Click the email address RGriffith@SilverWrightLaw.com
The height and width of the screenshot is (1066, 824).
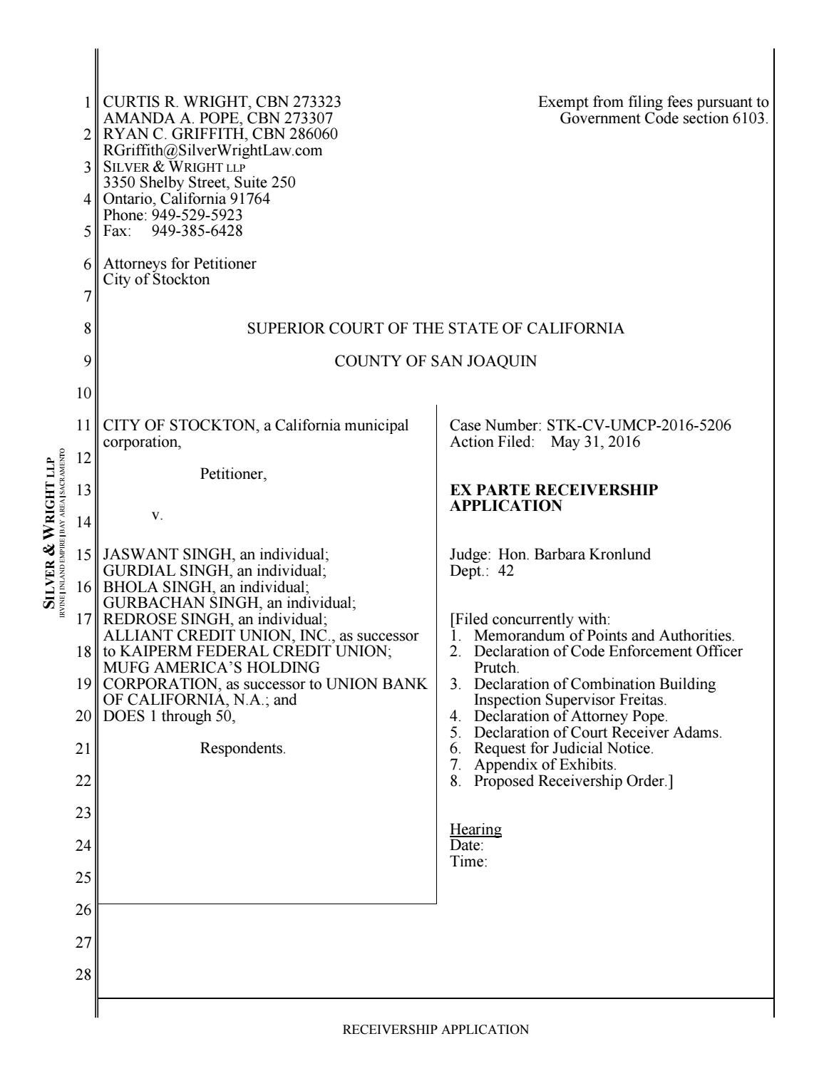212,150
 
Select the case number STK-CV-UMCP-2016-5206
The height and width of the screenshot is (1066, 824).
639,426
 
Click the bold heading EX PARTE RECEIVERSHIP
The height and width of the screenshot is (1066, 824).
554,490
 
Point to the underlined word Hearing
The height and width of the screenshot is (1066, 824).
475,829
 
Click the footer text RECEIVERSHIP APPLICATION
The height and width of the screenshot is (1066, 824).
436,1029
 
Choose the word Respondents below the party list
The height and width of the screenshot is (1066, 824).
242,749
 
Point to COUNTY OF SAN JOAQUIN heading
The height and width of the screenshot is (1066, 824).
436,361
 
